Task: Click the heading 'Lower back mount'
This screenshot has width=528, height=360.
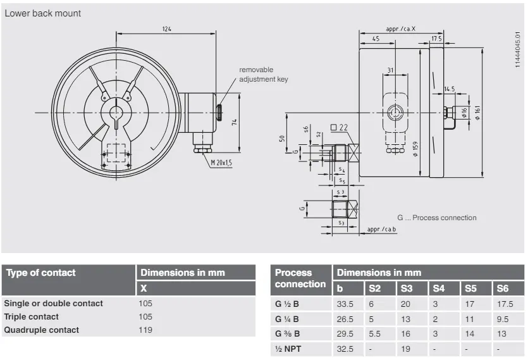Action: point(43,13)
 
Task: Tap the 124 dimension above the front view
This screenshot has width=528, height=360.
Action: point(166,29)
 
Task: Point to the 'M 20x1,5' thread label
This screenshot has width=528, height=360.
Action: point(221,163)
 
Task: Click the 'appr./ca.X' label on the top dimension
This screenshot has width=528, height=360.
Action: point(401,29)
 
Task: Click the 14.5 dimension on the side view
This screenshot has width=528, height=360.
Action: point(450,89)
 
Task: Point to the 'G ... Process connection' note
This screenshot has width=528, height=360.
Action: point(437,218)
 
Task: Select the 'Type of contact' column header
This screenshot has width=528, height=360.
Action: point(40,273)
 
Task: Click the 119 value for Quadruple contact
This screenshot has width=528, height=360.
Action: point(145,330)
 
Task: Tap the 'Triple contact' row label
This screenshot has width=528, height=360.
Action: point(31,316)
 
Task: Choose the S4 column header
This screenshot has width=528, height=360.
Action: point(438,289)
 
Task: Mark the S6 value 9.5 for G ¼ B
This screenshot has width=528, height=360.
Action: point(503,318)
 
